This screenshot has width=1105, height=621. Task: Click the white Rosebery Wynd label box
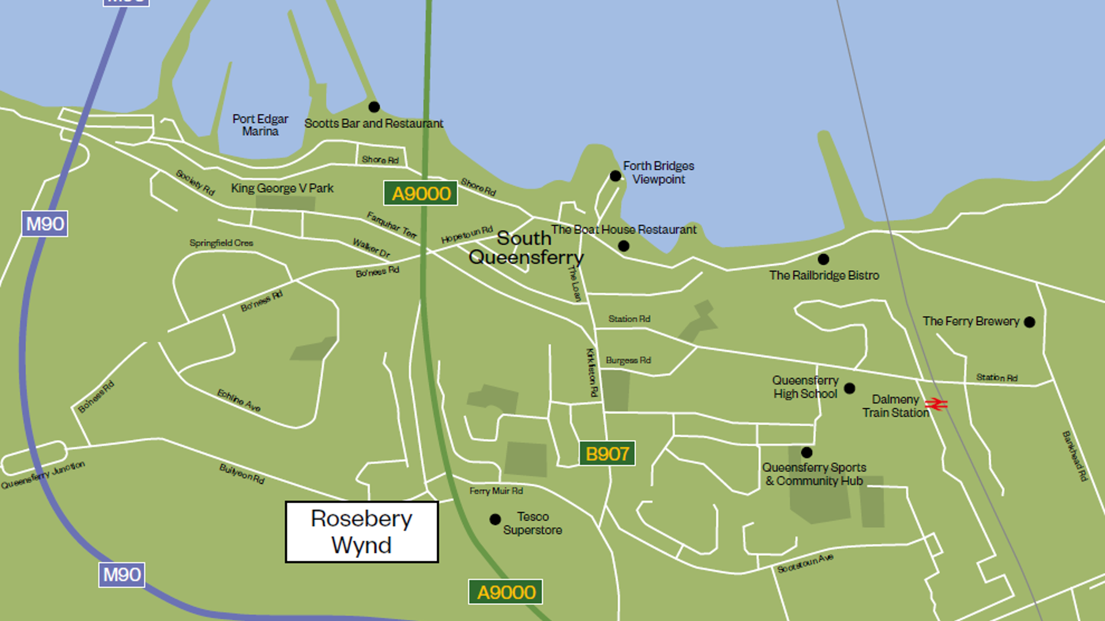click(x=362, y=532)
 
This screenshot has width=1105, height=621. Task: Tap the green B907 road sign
click(x=607, y=454)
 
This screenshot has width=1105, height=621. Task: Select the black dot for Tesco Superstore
click(x=495, y=520)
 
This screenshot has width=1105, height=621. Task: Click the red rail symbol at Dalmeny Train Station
click(x=937, y=404)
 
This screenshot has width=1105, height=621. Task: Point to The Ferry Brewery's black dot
click(x=1029, y=322)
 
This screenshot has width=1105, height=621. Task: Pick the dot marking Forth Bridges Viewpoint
click(x=615, y=176)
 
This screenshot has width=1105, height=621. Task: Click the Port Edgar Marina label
click(x=260, y=125)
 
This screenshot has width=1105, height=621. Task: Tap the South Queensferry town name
click(x=525, y=247)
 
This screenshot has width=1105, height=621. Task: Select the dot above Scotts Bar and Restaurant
click(x=374, y=107)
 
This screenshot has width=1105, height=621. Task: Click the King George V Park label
click(x=282, y=188)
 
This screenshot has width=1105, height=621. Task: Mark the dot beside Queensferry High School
click(x=850, y=388)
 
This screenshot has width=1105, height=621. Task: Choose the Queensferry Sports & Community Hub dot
click(x=807, y=453)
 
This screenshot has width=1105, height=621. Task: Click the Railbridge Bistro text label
click(x=824, y=276)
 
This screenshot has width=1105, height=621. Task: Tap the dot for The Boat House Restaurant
click(x=624, y=246)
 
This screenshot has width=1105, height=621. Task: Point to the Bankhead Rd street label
click(x=1075, y=456)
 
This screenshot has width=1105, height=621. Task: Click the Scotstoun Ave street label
click(x=805, y=563)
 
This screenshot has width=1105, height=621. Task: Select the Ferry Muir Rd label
click(x=496, y=491)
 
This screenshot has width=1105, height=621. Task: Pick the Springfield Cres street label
click(x=221, y=243)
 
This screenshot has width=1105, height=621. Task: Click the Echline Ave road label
click(x=239, y=400)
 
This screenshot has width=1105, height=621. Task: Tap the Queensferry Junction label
click(x=43, y=476)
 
